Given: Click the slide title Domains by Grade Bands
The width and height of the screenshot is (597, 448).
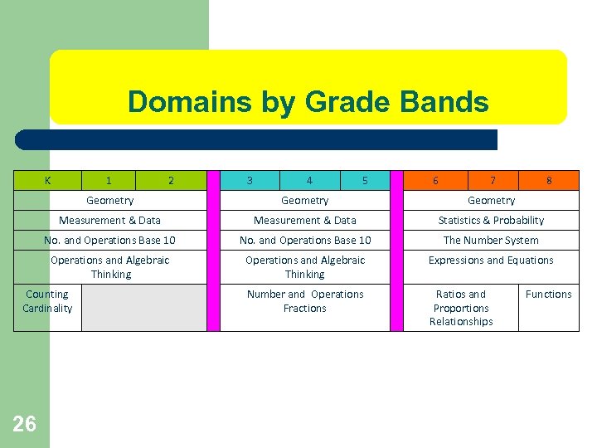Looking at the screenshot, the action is point(308,102).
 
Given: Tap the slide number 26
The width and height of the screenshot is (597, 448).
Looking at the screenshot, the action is point(24,424).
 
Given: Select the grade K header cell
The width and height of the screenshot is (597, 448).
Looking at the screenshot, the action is point(47,180).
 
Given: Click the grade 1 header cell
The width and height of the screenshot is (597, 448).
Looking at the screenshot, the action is point(109,180).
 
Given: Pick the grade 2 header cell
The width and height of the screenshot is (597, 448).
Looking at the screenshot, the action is point(171,180).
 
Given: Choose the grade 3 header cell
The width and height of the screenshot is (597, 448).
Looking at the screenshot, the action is point(250,180).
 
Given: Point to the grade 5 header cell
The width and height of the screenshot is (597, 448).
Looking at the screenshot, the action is point(365,180).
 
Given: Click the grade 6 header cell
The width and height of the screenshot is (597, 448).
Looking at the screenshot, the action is point(436,180).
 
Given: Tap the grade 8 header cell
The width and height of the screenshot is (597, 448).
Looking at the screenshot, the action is point(549,180).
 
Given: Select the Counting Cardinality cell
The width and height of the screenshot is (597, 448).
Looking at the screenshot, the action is point(47,301).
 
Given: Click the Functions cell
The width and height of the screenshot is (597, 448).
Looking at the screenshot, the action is point(548,295).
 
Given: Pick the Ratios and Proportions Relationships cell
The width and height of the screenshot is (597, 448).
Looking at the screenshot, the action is point(461,308).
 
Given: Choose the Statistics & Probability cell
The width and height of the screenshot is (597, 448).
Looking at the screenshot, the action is point(491,220).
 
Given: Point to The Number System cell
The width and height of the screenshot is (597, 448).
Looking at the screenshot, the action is point(491,240).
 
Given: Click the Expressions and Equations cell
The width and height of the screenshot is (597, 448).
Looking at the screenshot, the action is point(491,261).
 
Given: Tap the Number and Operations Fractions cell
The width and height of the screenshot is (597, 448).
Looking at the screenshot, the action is point(305,301).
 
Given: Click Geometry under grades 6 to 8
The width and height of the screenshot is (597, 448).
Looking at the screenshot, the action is point(491,200).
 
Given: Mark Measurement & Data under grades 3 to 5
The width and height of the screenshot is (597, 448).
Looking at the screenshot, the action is point(305,220).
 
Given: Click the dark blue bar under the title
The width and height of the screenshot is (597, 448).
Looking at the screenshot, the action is point(257,139).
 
